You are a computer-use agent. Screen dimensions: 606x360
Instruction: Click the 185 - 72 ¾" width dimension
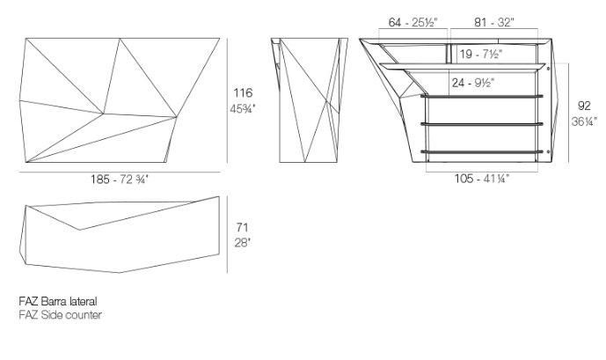pos(120,180)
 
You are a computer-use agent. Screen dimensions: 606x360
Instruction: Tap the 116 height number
pos(243,92)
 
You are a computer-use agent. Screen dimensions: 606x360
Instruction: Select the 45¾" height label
pos(243,109)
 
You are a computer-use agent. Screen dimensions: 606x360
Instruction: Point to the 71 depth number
pos(242,227)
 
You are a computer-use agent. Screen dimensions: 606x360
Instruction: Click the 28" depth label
pos(243,243)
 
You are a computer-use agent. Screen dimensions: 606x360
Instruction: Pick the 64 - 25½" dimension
pos(413,22)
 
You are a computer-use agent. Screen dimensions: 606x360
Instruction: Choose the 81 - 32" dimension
pos(494,22)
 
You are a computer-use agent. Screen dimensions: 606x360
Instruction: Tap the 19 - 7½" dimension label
pos(481,54)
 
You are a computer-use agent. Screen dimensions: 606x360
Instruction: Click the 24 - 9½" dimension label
pos(473,83)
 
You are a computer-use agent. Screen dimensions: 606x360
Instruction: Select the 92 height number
pos(584,106)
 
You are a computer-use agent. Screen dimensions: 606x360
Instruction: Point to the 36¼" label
pos(584,121)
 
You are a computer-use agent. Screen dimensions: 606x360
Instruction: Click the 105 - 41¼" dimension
pos(482,179)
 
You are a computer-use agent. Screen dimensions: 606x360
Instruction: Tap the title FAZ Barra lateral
pos(58,301)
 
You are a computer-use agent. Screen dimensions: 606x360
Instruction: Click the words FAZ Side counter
pos(61,315)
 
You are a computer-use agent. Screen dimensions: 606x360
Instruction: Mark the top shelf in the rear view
pos(482,96)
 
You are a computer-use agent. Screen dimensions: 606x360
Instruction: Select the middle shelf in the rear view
pos(482,124)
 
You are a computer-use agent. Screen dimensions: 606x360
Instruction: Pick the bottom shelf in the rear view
pos(482,151)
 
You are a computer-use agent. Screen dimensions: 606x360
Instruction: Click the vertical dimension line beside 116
pos(227,100)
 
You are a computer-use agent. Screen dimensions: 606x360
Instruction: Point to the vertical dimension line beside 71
pos(227,234)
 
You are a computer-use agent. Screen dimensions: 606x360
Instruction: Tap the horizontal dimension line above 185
pos(120,172)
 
